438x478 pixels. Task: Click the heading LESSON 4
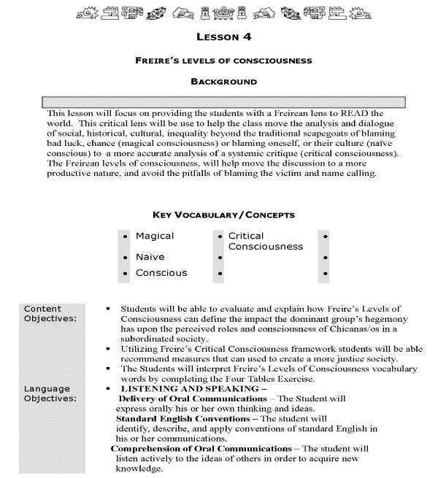(223, 36)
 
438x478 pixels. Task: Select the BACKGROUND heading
(223, 82)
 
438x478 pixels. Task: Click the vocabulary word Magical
(155, 236)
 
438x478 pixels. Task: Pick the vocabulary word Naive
(150, 257)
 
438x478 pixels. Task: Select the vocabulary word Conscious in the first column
(161, 273)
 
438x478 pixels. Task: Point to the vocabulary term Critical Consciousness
(265, 242)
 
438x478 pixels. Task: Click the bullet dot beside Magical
(127, 237)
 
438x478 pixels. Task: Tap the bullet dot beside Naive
(127, 258)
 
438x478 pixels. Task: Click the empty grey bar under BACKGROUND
(223, 101)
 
